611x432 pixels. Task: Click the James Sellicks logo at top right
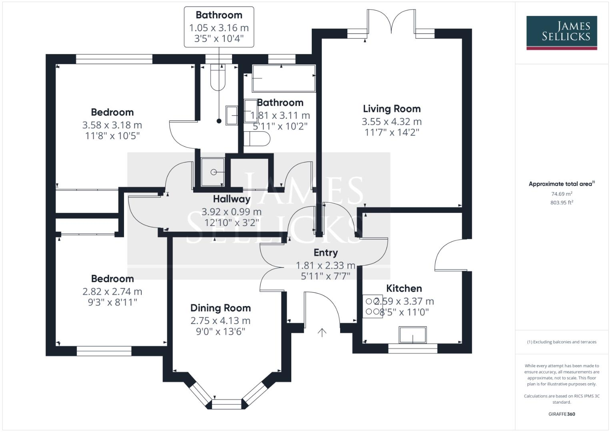tap(561, 32)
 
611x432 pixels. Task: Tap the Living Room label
tap(392, 109)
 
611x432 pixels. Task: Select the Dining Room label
tap(220, 308)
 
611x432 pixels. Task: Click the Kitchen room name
tap(404, 288)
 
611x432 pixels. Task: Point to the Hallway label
tap(231, 199)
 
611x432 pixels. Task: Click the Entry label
tap(325, 252)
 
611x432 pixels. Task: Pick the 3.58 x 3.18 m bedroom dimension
tap(112, 125)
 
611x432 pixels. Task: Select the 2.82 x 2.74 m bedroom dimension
tap(112, 292)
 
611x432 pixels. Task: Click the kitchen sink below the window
tap(413, 335)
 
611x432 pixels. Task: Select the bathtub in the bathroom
tap(283, 78)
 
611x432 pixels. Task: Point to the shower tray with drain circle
tap(213, 172)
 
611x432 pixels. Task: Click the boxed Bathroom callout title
tap(219, 15)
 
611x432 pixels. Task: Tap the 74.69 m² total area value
tap(561, 194)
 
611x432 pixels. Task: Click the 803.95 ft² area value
tap(561, 202)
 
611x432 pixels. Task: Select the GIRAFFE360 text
tap(561, 414)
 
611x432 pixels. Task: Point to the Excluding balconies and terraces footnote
tap(561, 342)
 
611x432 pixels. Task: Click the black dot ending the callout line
tap(219, 121)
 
